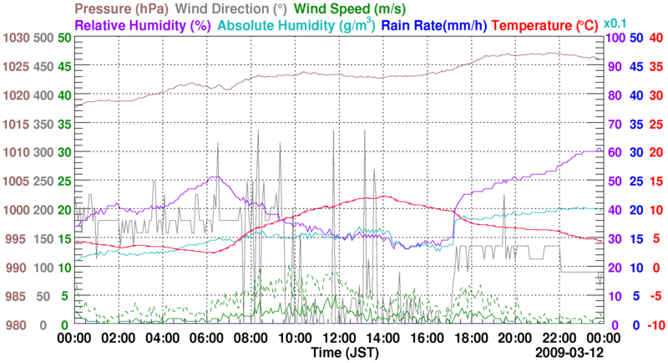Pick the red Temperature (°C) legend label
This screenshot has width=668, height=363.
click(554, 25)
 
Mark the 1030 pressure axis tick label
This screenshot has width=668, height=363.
click(14, 38)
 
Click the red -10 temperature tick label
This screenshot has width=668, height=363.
click(655, 325)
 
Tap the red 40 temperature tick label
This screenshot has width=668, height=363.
click(655, 38)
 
